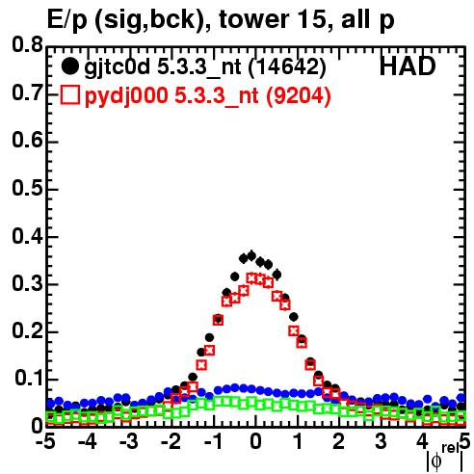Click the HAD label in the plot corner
pos(408,66)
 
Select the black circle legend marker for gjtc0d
pos(69,66)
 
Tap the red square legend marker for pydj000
pos(69,95)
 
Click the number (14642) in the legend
pos(287,67)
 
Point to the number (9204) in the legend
pos(299,95)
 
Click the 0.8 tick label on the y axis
pos(27,45)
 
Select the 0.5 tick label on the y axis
pos(27,189)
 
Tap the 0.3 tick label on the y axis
pos(27,283)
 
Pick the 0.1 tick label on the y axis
pos(29,379)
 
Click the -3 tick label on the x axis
pos(129,441)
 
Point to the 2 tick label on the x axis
pos(339,441)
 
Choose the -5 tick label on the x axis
pos(45,441)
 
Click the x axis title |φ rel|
pos(445,459)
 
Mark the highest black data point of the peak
pos(251,256)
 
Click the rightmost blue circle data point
pos(461,398)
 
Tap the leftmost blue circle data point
pos(50,404)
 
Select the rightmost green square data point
pos(461,417)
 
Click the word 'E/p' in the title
pos(67,20)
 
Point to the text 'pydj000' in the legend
pos(126,96)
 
